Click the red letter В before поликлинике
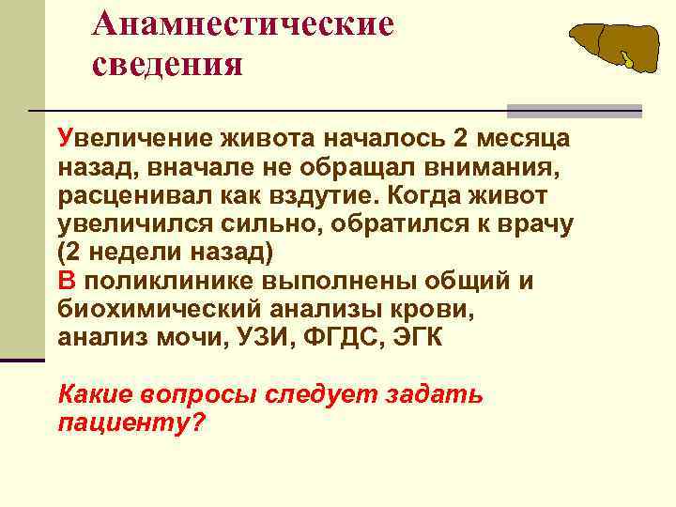pyautogui.click(x=65, y=282)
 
